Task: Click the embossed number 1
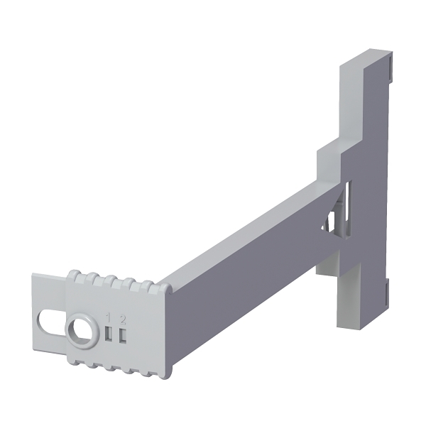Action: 108,317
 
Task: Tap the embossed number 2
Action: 122,317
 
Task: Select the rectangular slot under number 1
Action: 108,334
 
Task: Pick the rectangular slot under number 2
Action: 122,334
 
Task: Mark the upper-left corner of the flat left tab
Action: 35,279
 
